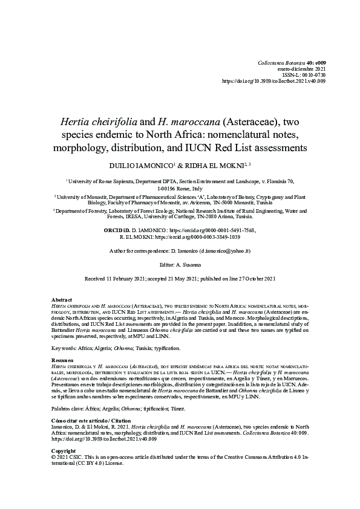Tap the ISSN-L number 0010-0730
coord(313,75)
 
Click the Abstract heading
coord(62,300)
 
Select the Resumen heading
coord(63,359)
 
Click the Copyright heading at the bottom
coord(64,451)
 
